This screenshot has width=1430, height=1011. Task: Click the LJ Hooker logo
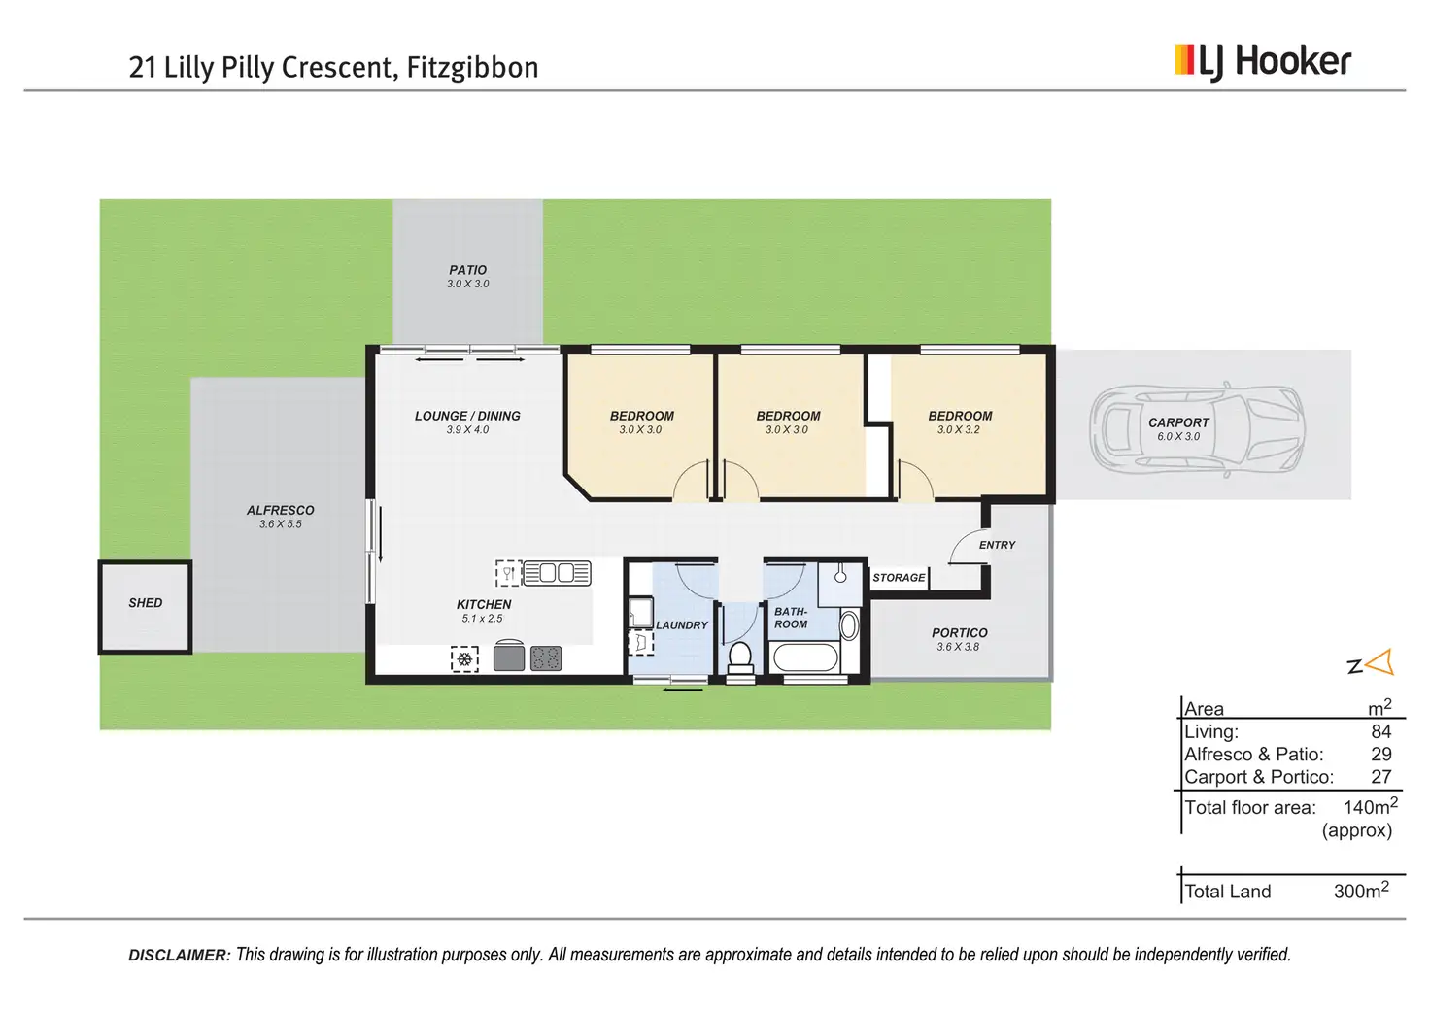pyautogui.click(x=1262, y=62)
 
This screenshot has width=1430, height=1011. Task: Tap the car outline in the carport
pyautogui.click(x=1197, y=428)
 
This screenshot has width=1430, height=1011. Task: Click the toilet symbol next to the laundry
pyautogui.click(x=740, y=657)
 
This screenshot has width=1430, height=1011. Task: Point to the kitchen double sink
pyautogui.click(x=557, y=573)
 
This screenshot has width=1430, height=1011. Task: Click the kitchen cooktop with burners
pyautogui.click(x=546, y=657)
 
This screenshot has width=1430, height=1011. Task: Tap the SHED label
pyautogui.click(x=146, y=603)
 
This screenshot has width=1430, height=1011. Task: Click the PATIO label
pyautogui.click(x=468, y=270)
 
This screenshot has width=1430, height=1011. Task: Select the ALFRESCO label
pyautogui.click(x=281, y=510)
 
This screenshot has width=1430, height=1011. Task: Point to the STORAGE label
pyautogui.click(x=899, y=578)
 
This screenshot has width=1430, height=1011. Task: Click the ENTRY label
pyautogui.click(x=997, y=545)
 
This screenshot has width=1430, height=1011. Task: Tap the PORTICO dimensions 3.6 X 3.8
pyautogui.click(x=958, y=647)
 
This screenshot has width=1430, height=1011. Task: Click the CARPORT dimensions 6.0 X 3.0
pyautogui.click(x=1178, y=437)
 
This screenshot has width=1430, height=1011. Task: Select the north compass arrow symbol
pyautogui.click(x=1379, y=663)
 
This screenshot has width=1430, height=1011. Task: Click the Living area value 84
pyautogui.click(x=1380, y=731)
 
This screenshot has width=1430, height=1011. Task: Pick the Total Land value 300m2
pyautogui.click(x=1361, y=891)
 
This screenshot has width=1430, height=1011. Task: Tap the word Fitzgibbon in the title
pyautogui.click(x=472, y=68)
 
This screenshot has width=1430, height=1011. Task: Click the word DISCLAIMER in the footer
pyautogui.click(x=180, y=956)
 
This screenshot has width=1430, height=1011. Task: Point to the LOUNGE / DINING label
pyautogui.click(x=467, y=416)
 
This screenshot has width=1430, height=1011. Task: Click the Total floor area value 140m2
pyautogui.click(x=1370, y=807)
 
